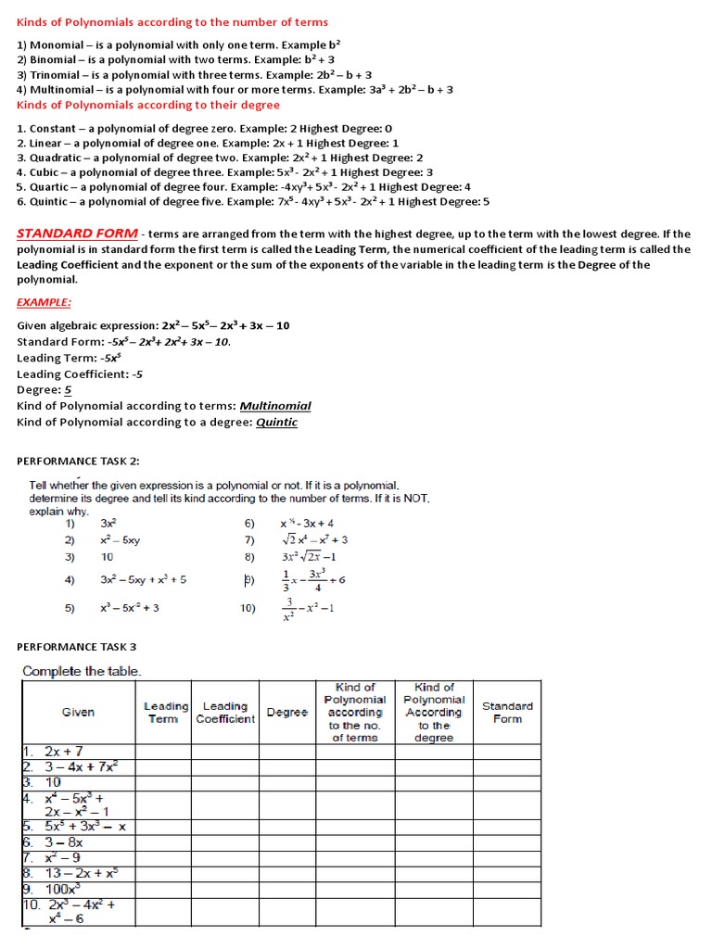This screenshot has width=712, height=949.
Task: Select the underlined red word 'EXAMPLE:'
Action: pos(44,302)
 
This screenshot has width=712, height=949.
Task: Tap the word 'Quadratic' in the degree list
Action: pos(55,158)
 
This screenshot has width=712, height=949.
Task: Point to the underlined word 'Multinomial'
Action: pos(275,406)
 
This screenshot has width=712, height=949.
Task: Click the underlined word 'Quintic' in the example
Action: pos(277,422)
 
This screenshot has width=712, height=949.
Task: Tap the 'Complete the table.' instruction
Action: pos(83,671)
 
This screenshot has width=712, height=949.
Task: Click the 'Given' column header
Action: pos(78,713)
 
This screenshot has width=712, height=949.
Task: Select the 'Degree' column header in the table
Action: pos(287,713)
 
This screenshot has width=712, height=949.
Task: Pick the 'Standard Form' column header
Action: pos(507,712)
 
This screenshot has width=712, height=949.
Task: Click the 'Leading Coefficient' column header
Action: pos(225,713)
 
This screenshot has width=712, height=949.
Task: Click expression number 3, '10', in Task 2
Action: pos(108,557)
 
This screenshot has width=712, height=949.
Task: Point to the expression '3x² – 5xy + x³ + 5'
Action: pos(144,579)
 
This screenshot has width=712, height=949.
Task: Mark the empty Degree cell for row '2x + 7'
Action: pos(287,751)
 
